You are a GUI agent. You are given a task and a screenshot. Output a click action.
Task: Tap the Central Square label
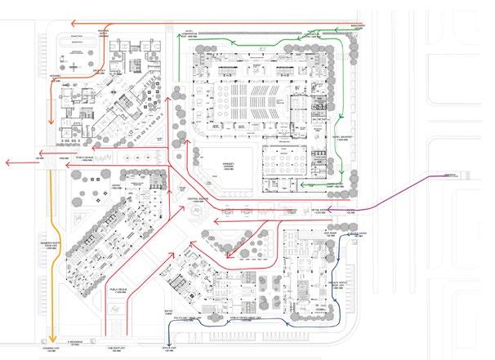pyautogui.click(x=199, y=198)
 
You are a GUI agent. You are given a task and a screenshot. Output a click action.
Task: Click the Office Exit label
pyautogui.click(x=170, y=349)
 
